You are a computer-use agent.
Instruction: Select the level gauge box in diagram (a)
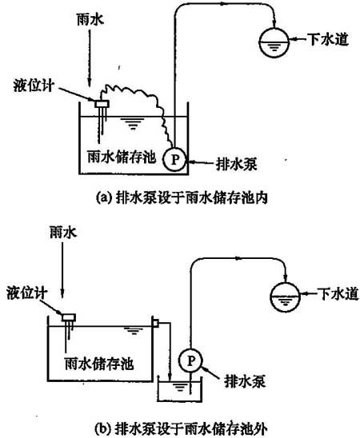[x=102, y=104]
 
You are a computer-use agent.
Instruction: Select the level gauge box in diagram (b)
[x=69, y=317]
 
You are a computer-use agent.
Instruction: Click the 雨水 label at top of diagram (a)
[x=90, y=20]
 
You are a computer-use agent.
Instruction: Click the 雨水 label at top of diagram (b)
[x=63, y=233]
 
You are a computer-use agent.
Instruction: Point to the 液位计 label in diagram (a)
[x=34, y=86]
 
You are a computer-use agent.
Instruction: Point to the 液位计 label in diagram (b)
[x=27, y=293]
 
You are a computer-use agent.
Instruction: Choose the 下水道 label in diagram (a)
[x=328, y=39]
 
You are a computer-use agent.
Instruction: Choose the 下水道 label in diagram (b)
[x=338, y=293]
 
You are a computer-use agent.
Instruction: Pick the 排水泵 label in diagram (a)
[x=237, y=165]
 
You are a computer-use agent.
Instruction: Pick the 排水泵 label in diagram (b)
[x=245, y=381]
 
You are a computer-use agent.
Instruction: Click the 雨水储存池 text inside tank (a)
[x=122, y=157]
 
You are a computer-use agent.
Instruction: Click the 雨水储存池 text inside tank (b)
[x=99, y=364]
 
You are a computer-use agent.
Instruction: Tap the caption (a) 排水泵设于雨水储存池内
[x=182, y=197]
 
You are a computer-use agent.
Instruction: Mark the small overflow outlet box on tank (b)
[x=155, y=323]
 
